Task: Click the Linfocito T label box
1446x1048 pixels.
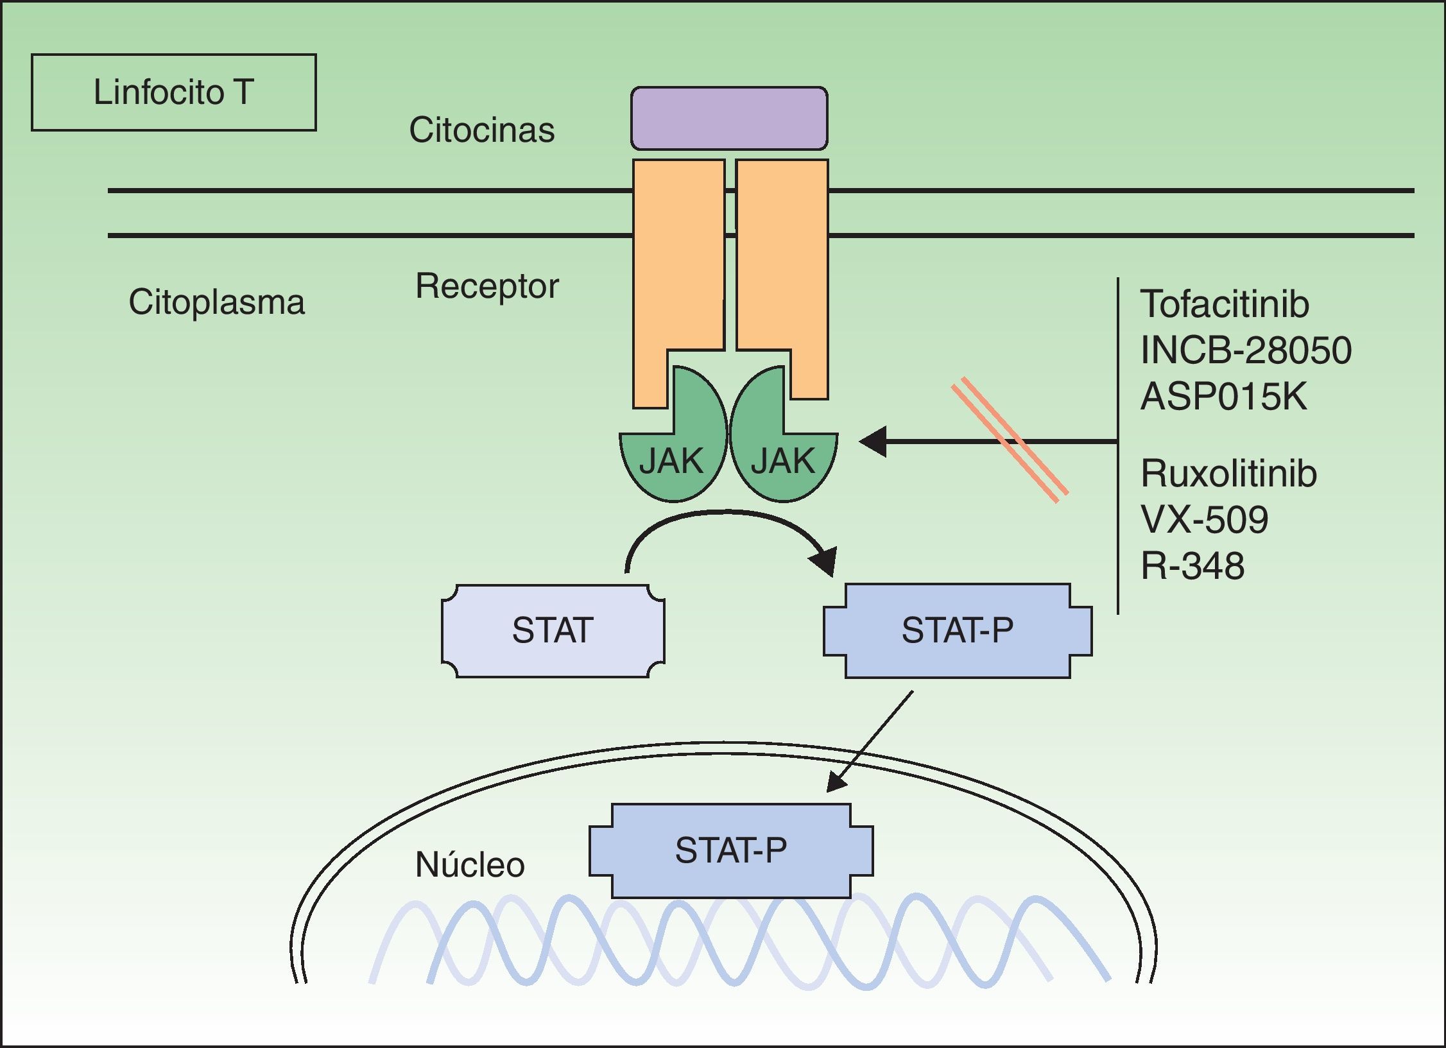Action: pos(173,92)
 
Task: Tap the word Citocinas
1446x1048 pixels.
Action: pos(481,130)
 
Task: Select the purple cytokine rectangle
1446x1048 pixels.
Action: pos(729,119)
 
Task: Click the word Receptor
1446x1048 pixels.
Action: pos(486,286)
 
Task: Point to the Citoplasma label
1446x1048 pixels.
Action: pos(216,302)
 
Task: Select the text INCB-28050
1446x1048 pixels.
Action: pos(1245,350)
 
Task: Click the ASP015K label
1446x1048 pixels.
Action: pos(1223,396)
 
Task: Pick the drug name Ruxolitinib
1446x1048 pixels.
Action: pos(1228,474)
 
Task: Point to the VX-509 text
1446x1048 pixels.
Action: pos(1204,519)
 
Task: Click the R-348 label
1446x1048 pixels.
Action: pos(1192,565)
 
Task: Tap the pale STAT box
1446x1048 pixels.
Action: pos(553,630)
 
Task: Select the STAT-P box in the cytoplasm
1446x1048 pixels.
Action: pos(957,630)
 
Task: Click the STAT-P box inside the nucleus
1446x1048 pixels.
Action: pos(730,850)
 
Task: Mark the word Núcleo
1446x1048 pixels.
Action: pos(470,864)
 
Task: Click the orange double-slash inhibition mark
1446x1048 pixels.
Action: pos(1010,440)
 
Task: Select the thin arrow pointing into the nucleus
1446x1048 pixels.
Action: pos(870,741)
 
